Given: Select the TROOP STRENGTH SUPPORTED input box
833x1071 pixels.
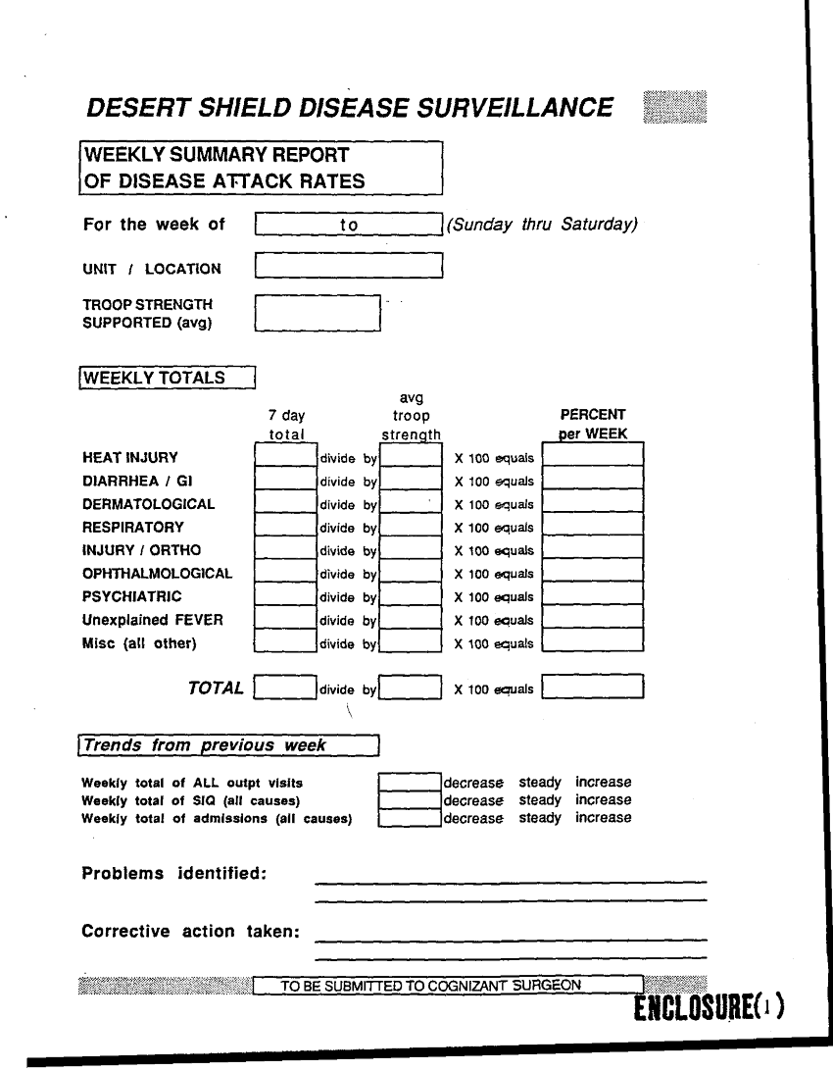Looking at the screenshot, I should pos(317,313).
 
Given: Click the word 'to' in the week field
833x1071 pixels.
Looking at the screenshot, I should pos(349,225).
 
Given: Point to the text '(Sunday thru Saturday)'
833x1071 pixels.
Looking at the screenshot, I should pos(542,225).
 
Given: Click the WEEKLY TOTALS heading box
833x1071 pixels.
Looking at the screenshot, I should pos(168,378).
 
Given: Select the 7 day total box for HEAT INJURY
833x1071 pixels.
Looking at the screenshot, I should pos(285,456).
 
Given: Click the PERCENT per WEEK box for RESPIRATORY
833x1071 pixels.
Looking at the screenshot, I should pos(593,527).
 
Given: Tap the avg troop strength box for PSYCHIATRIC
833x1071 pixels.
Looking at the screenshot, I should pos(411,596).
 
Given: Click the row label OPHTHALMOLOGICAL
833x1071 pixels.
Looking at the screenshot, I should pos(158,574).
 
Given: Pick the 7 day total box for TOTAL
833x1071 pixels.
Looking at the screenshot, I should pos(285,688).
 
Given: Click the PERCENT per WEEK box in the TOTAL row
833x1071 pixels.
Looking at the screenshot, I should pos(593,688).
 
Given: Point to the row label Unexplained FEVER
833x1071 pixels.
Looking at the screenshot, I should pos(152,620).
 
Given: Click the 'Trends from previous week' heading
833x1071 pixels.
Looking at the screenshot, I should pos(227,745).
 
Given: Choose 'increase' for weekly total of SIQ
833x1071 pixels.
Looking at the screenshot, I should pos(603,800).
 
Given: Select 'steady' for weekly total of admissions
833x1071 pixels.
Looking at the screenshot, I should pos(540,818).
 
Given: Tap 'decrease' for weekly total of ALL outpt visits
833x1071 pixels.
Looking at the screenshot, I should pos(473,783).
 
